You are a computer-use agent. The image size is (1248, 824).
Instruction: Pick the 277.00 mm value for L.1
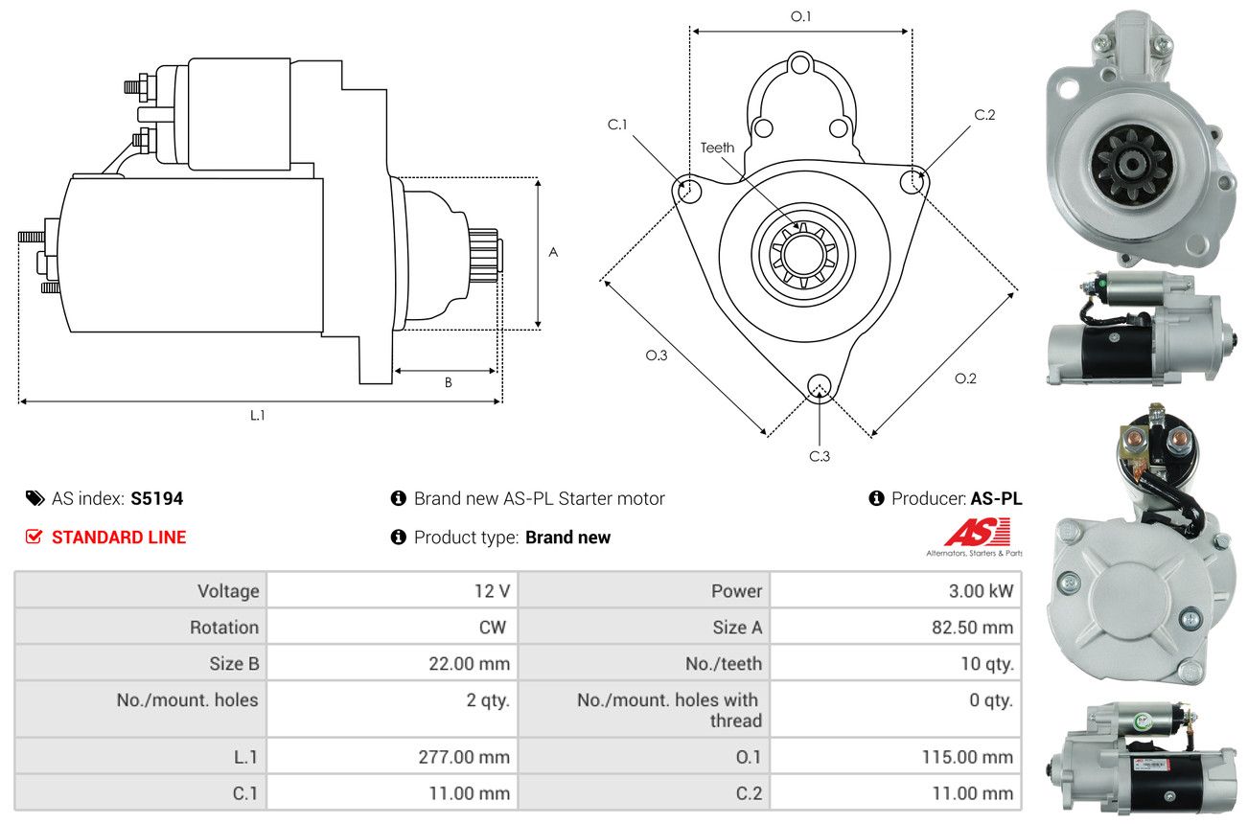click(464, 757)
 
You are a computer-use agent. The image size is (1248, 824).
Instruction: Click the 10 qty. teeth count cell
click(986, 663)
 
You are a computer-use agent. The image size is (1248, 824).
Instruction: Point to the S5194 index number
click(157, 498)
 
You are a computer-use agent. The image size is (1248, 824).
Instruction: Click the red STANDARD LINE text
click(119, 538)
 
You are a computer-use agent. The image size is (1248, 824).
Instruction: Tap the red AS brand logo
click(977, 533)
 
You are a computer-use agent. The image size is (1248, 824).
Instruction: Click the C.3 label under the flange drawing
click(820, 456)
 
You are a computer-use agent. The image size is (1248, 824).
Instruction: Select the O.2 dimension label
click(965, 378)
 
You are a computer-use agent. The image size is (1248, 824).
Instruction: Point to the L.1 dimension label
click(258, 415)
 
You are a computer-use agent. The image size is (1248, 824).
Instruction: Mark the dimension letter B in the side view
click(448, 382)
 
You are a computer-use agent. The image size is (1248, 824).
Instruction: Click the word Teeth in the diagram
click(717, 148)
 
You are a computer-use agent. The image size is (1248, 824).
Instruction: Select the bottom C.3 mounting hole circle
click(819, 386)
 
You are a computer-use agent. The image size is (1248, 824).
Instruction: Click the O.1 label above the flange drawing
click(800, 16)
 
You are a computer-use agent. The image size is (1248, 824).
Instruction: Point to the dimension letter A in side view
click(553, 253)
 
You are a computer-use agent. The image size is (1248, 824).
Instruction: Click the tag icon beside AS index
click(35, 498)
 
